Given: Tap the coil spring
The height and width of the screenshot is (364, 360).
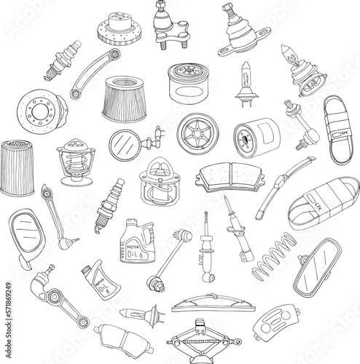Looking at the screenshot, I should pos(274,256).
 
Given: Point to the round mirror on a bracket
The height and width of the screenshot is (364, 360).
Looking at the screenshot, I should pos(122,144).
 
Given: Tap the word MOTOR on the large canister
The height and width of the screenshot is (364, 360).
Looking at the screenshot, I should pos(129,246).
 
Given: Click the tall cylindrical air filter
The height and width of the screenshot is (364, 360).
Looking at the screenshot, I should pos(16,167).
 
